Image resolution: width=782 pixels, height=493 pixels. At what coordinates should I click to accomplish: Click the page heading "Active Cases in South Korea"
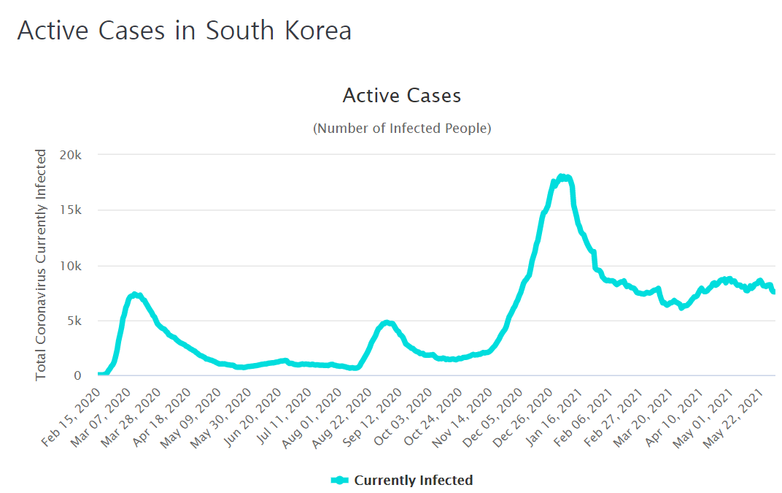coord(184,31)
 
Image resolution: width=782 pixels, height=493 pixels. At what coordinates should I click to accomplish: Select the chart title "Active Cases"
coord(402,96)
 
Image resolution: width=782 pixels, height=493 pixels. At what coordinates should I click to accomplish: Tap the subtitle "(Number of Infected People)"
coord(402,129)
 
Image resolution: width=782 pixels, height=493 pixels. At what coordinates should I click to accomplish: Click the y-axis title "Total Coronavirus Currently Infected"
coord(42,264)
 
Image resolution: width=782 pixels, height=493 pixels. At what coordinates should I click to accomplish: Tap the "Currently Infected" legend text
coord(413,480)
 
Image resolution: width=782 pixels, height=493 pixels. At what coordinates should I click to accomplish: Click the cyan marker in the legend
coord(340,480)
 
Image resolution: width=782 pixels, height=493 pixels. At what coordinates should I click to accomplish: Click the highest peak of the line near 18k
coord(562,177)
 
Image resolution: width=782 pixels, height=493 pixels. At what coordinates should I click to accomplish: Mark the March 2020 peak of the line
coord(134,294)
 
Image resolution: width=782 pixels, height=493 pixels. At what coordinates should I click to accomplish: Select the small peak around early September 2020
coord(387,322)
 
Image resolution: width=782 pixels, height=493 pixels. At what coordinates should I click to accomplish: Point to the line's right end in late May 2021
coord(773,291)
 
